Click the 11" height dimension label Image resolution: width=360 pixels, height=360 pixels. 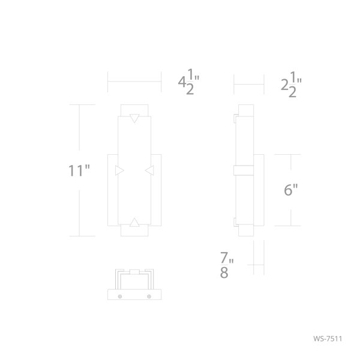(79, 170)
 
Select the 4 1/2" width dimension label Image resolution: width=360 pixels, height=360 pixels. (189, 82)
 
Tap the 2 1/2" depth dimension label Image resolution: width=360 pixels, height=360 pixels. (291, 85)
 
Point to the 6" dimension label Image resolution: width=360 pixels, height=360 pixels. (290, 190)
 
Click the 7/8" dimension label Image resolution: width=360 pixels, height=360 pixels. (227, 265)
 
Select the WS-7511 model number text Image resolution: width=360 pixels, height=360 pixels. (328, 338)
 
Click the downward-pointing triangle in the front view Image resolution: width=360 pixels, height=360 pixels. (134, 118)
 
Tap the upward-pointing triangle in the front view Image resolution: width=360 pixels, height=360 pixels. (134, 222)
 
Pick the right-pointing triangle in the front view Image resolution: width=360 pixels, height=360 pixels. (119, 170)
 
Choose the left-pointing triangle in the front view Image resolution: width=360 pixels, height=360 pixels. (149, 170)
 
